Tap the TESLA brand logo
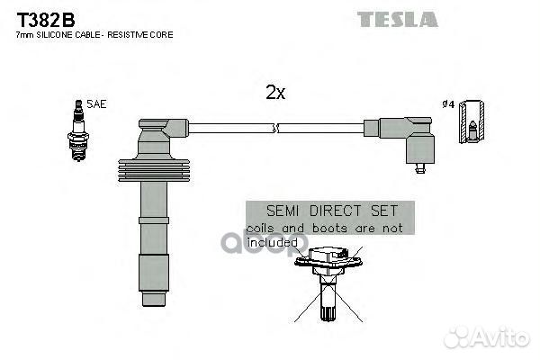pos(397,19)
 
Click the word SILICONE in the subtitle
pos(60,34)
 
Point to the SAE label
pos(96,104)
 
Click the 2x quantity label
pos(275,93)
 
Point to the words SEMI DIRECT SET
pos(329,211)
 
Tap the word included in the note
pos(272,241)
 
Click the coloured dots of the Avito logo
pos(460,337)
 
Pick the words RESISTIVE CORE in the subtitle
pos(145,34)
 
